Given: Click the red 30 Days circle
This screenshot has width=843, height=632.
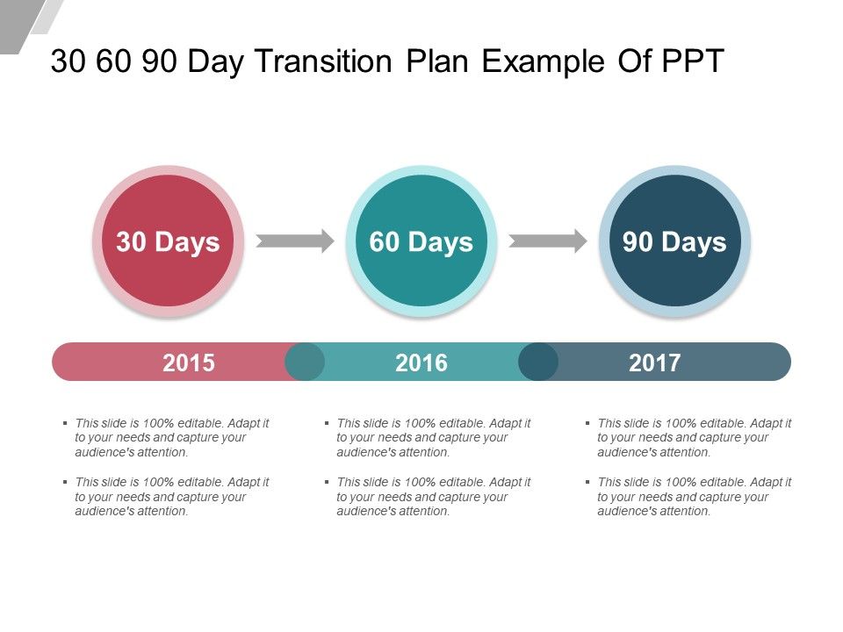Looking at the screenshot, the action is pos(169,241).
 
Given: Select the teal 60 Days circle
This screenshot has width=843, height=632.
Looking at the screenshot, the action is pos(421,241).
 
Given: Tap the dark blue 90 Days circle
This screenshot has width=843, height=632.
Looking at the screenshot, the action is pos(674,241).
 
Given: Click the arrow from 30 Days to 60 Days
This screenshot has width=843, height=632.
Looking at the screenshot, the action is pos(295,241).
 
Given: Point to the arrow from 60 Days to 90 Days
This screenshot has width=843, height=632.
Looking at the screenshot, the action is pos(548,241).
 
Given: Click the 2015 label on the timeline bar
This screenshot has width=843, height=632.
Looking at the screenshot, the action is pos(189,363).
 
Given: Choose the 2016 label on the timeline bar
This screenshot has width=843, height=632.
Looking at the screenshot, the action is pos(421,363).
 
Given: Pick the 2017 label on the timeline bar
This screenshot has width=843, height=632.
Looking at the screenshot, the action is pos(655,363).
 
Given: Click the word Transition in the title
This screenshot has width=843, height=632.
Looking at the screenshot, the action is pos(324,61).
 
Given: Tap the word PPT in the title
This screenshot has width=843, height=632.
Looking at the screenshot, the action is pos(693,61).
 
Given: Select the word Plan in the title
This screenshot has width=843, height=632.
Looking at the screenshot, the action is pos(437,61).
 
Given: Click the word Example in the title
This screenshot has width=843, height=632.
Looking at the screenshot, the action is pos(543,61).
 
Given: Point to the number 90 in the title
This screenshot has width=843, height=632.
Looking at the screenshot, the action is pos(159,61).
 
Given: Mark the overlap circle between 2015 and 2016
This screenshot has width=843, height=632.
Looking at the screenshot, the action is pos(305,362).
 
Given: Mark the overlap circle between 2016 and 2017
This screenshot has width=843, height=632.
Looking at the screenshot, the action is pos(538,362).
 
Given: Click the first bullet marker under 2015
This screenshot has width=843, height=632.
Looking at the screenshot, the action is pos(65,423).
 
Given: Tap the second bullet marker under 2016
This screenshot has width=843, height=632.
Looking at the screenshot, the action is pos(327,482).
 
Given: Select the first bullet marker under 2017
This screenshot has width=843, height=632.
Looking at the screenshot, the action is pos(587,423).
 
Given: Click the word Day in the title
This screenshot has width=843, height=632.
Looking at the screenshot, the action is pos(216,61).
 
